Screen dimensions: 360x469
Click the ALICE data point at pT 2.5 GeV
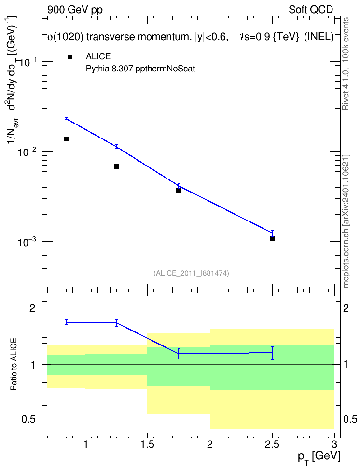[x=272, y=239]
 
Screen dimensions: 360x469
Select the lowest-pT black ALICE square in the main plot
[x=66, y=139]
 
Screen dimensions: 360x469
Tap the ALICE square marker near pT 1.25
[x=116, y=166]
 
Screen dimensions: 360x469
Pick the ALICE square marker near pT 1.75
[x=179, y=191]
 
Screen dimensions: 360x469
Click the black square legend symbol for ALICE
[x=70, y=57]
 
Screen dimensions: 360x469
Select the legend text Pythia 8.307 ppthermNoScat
[x=140, y=69]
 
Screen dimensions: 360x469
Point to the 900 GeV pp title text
[x=75, y=10]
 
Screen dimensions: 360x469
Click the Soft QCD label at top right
[x=311, y=10]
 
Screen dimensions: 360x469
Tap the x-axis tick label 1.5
[x=148, y=444]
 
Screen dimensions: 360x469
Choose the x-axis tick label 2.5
[x=272, y=444]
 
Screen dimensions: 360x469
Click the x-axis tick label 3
[x=334, y=444]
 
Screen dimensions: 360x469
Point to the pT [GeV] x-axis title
[x=319, y=457]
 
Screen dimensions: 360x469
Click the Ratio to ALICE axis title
[x=14, y=364]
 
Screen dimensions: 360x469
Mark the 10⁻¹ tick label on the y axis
[x=28, y=62]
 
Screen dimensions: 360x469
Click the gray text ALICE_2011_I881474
[x=191, y=273]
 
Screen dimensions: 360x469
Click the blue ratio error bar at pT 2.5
[x=272, y=353]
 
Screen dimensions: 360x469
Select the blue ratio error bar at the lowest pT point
[x=66, y=322]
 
